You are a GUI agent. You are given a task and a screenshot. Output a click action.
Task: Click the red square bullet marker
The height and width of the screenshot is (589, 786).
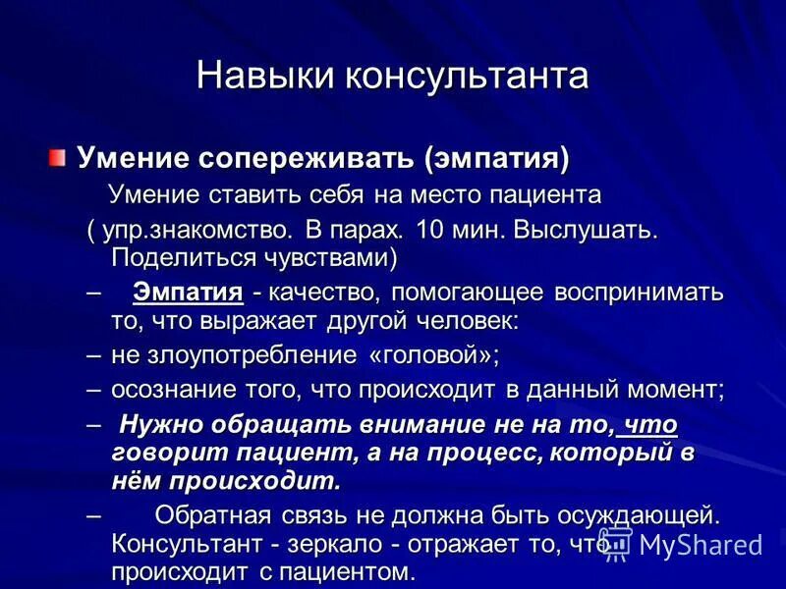[60, 157]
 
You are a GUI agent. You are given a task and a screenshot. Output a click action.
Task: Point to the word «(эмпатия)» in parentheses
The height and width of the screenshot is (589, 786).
[497, 158]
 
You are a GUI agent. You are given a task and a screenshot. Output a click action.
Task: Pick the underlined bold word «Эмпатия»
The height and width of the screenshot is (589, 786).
[188, 293]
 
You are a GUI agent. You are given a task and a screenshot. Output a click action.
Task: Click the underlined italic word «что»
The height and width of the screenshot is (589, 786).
[650, 426]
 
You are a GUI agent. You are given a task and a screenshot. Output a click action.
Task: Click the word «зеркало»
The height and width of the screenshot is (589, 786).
[358, 543]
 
